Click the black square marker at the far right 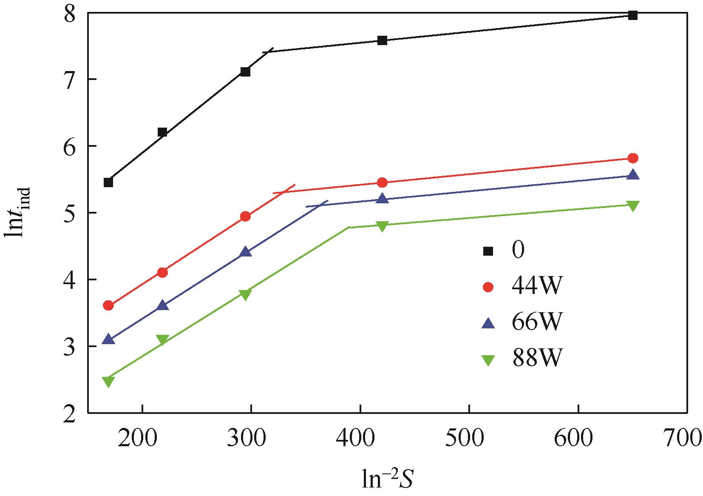point(632,16)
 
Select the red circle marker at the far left point(108,305)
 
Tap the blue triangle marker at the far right point(633,175)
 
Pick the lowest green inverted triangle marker point(108,381)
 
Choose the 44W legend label point(536,288)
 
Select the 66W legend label point(536,323)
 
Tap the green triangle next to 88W point(488,360)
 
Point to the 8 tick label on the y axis point(69,14)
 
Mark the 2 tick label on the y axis point(69,413)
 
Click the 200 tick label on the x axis point(143,438)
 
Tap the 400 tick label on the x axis point(360,438)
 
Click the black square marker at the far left point(108,182)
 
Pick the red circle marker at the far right point(632,158)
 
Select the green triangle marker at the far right point(633,206)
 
